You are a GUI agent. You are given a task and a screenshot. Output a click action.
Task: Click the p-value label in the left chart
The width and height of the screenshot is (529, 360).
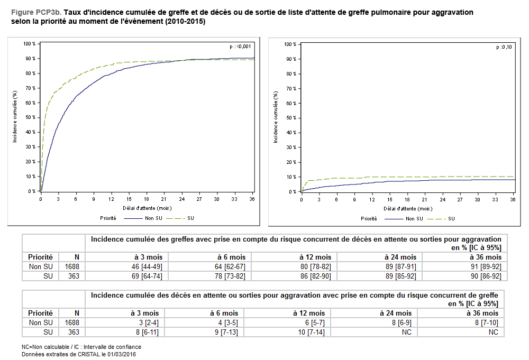tap(240, 47)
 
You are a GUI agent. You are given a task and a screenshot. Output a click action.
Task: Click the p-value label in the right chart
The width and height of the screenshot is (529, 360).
tap(504, 47)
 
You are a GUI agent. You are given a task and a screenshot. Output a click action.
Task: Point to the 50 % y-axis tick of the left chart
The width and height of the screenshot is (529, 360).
tap(30, 117)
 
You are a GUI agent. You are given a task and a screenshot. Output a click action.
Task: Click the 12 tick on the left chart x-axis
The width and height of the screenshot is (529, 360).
tap(111, 199)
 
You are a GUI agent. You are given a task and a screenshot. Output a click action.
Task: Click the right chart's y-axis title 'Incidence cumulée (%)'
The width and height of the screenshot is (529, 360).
tap(276, 117)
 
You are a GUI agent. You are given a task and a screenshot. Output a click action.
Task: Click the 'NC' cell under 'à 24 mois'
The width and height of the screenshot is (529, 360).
tap(406, 332)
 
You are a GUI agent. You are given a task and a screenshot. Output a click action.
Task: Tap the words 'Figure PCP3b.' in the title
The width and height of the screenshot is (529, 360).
tap(36, 12)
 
